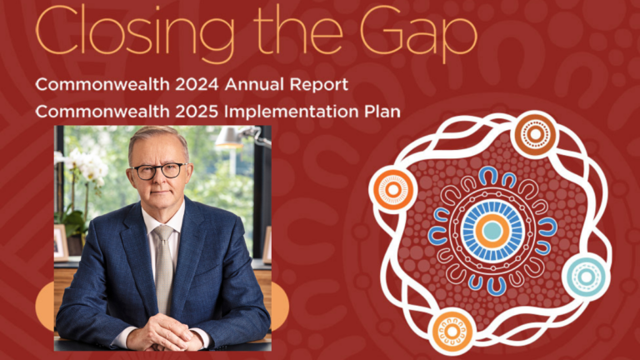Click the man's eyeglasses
(158, 170)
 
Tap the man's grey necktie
(163, 258)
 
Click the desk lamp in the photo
(234, 137)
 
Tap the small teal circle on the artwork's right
(585, 276)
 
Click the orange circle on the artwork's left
(392, 189)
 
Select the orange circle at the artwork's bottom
(452, 330)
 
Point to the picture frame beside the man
(61, 241)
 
